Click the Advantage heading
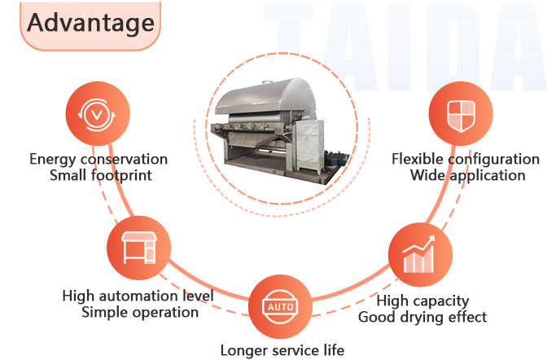pos(90,23)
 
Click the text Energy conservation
pos(99,159)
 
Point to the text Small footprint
pos(99,175)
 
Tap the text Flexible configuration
pos(466,159)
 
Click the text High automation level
pos(138,296)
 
